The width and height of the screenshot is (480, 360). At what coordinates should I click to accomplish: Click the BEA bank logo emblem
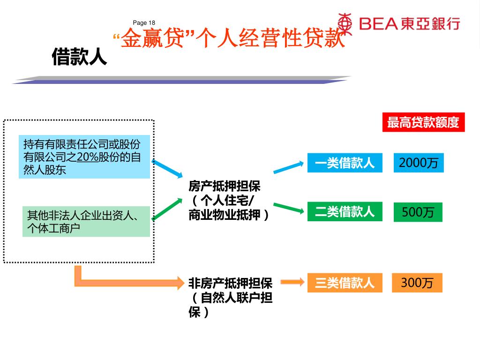tap(345, 22)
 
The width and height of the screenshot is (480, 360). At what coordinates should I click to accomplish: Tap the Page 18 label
tap(144, 23)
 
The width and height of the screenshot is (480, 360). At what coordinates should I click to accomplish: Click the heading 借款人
tap(79, 57)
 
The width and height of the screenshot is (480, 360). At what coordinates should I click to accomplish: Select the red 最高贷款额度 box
tap(423, 123)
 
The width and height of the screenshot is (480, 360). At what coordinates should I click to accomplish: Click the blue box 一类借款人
tap(345, 163)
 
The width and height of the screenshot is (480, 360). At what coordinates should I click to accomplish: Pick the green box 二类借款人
tap(345, 212)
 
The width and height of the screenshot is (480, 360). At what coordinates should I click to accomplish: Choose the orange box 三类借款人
tap(345, 283)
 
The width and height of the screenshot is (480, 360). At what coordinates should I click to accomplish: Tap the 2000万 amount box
tap(418, 163)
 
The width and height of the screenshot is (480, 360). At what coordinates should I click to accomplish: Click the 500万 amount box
tap(418, 212)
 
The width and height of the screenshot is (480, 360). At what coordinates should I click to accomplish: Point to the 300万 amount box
tap(417, 283)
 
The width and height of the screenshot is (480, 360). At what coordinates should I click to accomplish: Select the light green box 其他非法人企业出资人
tap(86, 222)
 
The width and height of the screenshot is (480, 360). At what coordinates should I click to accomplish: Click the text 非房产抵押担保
tap(230, 283)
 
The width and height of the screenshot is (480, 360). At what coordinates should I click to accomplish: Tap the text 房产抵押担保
tap(224, 187)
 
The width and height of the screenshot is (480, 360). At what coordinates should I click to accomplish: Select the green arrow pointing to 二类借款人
tap(289, 208)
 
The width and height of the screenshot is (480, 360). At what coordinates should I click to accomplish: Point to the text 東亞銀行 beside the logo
tap(430, 23)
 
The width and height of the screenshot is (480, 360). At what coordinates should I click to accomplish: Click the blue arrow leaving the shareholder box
tap(167, 168)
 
